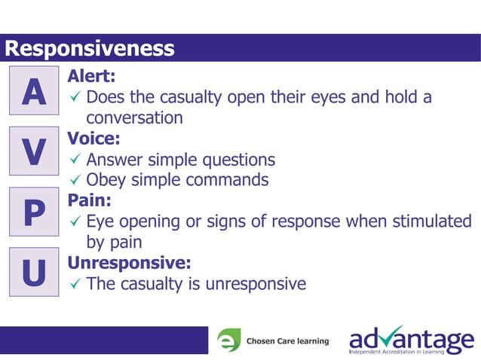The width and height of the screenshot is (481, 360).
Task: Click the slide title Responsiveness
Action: coord(89,49)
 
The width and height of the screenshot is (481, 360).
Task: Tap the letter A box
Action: coord(33,92)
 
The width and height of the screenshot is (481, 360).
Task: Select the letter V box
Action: coord(33,152)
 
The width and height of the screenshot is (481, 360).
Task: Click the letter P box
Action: coord(33,213)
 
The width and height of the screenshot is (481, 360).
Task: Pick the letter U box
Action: coord(33,273)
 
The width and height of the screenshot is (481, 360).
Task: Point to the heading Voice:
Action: coord(93,139)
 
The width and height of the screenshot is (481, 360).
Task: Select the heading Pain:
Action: coord(90,201)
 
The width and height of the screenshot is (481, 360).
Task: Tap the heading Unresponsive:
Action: coord(129,264)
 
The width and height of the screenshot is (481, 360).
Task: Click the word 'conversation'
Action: coord(134,118)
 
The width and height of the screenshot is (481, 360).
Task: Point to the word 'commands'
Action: coord(231,181)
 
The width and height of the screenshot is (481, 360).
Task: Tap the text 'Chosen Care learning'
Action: coord(287,341)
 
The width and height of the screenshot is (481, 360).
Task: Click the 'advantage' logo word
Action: coord(411,337)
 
